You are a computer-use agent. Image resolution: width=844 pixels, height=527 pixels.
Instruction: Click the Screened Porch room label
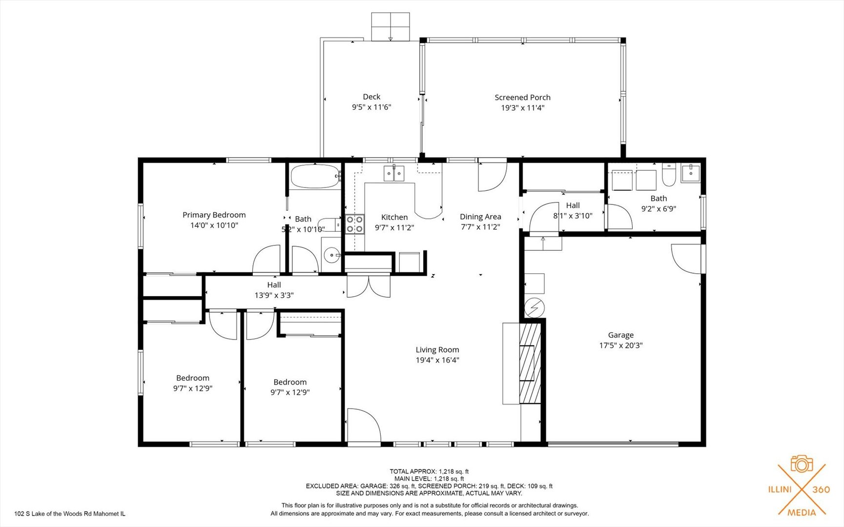[522, 98]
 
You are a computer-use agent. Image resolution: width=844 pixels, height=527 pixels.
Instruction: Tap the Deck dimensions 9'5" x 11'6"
[371, 107]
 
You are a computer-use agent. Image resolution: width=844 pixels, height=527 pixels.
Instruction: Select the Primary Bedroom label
[214, 215]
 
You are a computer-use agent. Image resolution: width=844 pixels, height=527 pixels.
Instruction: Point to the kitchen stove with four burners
[355, 224]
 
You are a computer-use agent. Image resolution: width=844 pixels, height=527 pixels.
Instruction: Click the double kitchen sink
[394, 173]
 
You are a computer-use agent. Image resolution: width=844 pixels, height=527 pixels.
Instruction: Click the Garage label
[621, 335]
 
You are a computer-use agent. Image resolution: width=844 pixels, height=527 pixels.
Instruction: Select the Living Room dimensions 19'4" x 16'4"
[437, 361]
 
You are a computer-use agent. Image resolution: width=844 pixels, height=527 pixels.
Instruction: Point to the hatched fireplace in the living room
[530, 363]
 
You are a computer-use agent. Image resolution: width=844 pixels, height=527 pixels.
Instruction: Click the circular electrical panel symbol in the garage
[534, 308]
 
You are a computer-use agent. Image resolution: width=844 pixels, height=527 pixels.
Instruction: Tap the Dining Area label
[480, 217]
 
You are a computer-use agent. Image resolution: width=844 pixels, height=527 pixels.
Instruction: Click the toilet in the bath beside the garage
[669, 175]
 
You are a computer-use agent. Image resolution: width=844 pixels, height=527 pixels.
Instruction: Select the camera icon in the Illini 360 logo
[802, 464]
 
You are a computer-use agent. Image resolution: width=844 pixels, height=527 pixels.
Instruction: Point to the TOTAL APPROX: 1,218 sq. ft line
[429, 471]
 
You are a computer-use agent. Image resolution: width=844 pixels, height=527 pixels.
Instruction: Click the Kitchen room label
[394, 217]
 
